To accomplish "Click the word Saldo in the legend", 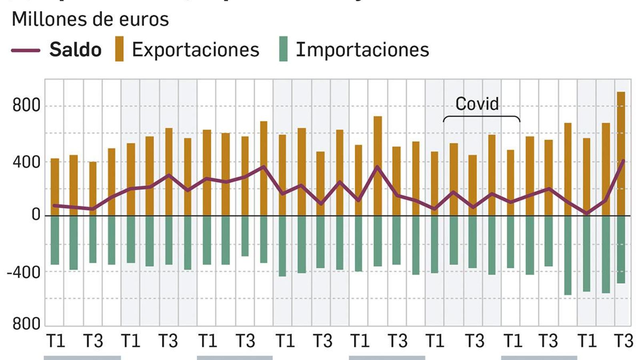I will point(75,50).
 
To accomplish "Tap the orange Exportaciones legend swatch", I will point(119,49).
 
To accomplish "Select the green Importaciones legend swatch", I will point(283,49).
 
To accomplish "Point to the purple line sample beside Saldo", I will point(26,50).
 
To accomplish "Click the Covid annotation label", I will point(477,104).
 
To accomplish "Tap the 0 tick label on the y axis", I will point(36,215).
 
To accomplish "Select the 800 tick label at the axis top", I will point(26,106).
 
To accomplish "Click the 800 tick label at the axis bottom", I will point(26,324).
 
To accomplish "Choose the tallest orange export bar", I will point(621,152).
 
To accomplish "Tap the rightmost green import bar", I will point(621,250).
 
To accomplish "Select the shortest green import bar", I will point(245,236).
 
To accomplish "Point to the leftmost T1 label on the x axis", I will point(56,341).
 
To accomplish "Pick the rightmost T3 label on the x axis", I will point(623,341).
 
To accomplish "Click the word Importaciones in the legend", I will point(362,50).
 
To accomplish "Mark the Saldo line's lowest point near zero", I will point(587,213).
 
